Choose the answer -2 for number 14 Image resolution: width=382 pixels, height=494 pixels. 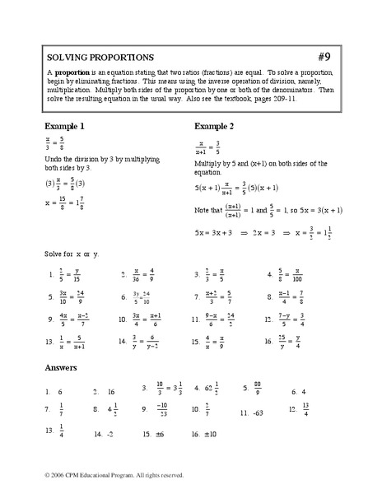coord(108,433)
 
